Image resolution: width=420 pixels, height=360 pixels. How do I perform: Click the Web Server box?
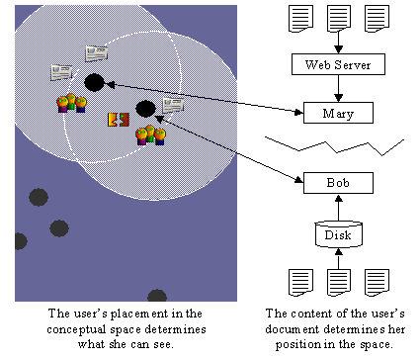click(337, 66)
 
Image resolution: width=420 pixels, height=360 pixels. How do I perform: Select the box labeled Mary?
click(337, 113)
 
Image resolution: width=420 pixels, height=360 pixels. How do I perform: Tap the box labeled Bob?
click(337, 182)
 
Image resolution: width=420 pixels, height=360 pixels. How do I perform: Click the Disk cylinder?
click(337, 234)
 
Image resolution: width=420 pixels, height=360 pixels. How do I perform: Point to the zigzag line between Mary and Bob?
click(337, 146)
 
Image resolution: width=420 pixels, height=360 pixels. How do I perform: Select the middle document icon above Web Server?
click(337, 19)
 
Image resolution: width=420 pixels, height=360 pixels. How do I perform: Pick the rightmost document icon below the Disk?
click(377, 284)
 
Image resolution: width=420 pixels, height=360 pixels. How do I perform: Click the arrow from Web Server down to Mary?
click(337, 89)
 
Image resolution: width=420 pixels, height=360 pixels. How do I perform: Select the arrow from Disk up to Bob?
click(337, 208)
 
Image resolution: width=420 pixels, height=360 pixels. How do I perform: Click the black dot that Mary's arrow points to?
click(94, 82)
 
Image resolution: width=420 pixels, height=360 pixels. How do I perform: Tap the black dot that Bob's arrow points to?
click(145, 108)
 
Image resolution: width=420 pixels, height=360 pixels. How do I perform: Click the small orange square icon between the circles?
click(118, 120)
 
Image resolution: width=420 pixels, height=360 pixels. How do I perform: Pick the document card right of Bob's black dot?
click(173, 104)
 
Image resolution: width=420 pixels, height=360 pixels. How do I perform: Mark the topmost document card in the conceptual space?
click(96, 52)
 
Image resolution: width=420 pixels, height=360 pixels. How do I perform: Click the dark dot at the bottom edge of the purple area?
click(156, 296)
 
